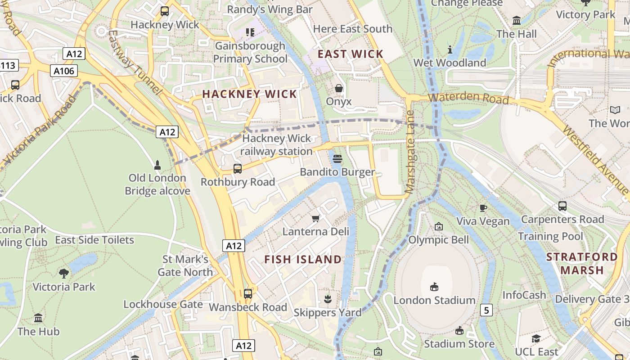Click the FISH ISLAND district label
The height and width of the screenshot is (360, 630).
click(303, 260)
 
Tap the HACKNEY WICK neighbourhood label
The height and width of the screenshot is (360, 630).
click(250, 94)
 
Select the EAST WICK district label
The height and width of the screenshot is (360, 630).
click(351, 54)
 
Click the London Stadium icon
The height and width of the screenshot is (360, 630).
click(434, 287)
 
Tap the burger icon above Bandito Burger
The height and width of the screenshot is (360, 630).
click(338, 158)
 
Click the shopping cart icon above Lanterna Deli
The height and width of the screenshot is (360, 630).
click(315, 218)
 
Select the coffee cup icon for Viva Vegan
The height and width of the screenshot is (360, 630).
click(483, 207)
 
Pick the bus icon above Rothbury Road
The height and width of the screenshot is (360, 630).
click(237, 169)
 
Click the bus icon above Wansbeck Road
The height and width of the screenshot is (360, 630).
click(247, 294)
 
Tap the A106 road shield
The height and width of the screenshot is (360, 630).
click(63, 71)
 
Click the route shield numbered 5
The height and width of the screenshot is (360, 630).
click(486, 310)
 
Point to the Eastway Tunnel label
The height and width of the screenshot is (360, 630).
click(134, 62)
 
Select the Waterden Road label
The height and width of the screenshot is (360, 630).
click(468, 98)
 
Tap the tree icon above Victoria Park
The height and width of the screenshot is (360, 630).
click(64, 273)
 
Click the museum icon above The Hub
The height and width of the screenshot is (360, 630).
click(38, 318)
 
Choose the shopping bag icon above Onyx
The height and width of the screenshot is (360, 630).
click(339, 88)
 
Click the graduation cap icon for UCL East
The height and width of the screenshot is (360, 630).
click(535, 338)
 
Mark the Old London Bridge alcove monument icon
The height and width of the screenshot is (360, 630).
click(157, 165)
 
